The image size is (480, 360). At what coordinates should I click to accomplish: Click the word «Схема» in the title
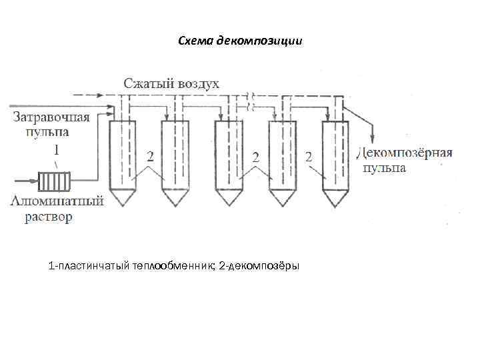(x=193, y=41)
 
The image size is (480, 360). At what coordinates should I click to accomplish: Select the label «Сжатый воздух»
(x=172, y=84)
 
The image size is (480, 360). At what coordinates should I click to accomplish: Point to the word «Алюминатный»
(x=57, y=201)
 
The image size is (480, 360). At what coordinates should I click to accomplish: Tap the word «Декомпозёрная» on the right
(x=405, y=153)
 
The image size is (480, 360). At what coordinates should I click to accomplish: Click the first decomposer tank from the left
(x=120, y=160)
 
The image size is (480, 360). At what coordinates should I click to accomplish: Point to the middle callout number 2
(x=255, y=157)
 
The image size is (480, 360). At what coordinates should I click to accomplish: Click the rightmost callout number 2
(x=309, y=157)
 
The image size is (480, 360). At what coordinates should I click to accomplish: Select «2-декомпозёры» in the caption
(x=259, y=267)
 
